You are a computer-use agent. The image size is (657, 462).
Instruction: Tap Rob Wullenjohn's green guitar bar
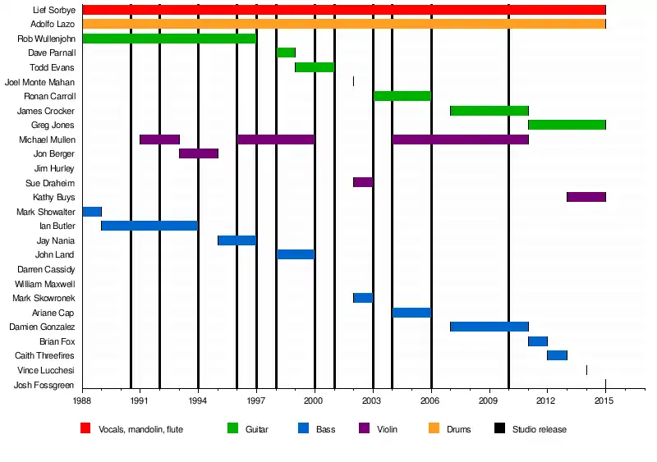click(x=169, y=39)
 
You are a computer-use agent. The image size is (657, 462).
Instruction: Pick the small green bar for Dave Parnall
click(x=286, y=53)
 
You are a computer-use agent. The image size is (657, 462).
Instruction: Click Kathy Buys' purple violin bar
click(x=586, y=197)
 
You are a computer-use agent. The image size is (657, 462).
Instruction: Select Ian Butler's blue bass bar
click(x=149, y=226)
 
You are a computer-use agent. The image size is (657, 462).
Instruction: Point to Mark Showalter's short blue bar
click(x=91, y=212)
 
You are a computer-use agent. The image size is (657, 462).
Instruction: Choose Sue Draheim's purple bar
click(x=362, y=182)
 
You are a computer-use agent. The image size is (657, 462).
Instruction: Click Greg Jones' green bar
click(x=566, y=125)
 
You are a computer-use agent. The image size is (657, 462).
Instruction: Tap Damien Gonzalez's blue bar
click(x=489, y=327)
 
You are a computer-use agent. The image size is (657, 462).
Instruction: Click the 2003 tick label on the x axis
click(x=372, y=400)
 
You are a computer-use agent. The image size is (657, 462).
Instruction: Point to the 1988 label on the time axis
click(x=82, y=400)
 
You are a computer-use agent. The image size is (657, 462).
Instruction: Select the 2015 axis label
click(x=604, y=400)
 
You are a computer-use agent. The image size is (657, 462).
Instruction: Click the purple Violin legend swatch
click(x=365, y=428)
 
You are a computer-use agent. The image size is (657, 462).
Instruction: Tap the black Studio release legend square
click(x=499, y=428)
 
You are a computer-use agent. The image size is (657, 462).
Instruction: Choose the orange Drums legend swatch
click(x=433, y=428)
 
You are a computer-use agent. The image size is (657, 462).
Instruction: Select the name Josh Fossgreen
click(x=44, y=385)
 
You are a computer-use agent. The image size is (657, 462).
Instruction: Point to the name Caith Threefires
click(x=44, y=355)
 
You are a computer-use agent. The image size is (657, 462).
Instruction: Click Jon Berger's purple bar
click(x=198, y=153)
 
